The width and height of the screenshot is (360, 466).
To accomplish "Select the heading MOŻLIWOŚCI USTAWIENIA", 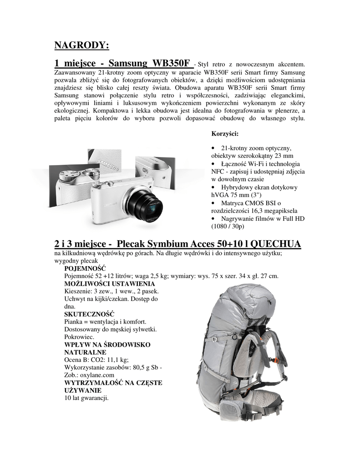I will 104,284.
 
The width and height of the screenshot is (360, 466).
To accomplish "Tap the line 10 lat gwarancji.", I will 86,398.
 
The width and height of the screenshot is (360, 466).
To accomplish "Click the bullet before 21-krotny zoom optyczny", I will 213,149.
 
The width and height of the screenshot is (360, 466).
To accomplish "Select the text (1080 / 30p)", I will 228,226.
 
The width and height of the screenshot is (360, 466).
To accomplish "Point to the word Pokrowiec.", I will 80,337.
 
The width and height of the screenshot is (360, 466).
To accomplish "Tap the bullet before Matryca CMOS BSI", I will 213,203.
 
